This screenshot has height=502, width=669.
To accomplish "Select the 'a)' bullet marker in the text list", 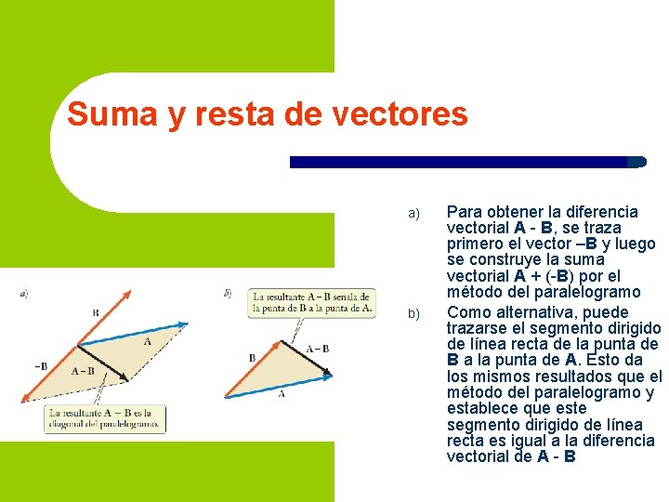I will click(414, 215).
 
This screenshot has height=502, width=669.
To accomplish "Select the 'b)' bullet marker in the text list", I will click(414, 314).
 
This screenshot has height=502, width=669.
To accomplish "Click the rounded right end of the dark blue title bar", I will click(637, 162).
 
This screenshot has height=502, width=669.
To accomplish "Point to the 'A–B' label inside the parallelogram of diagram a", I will click(83, 371).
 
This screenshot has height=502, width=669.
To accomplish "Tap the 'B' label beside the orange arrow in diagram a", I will click(95, 313).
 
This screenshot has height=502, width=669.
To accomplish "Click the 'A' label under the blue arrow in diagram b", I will click(282, 394).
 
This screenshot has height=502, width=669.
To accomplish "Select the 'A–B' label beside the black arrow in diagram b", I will click(318, 349).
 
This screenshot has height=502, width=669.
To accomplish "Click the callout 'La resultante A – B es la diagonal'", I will click(104, 418).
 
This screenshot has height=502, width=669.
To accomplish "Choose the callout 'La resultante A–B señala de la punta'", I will click(312, 301).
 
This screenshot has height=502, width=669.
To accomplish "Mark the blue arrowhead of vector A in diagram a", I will click(183, 324).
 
